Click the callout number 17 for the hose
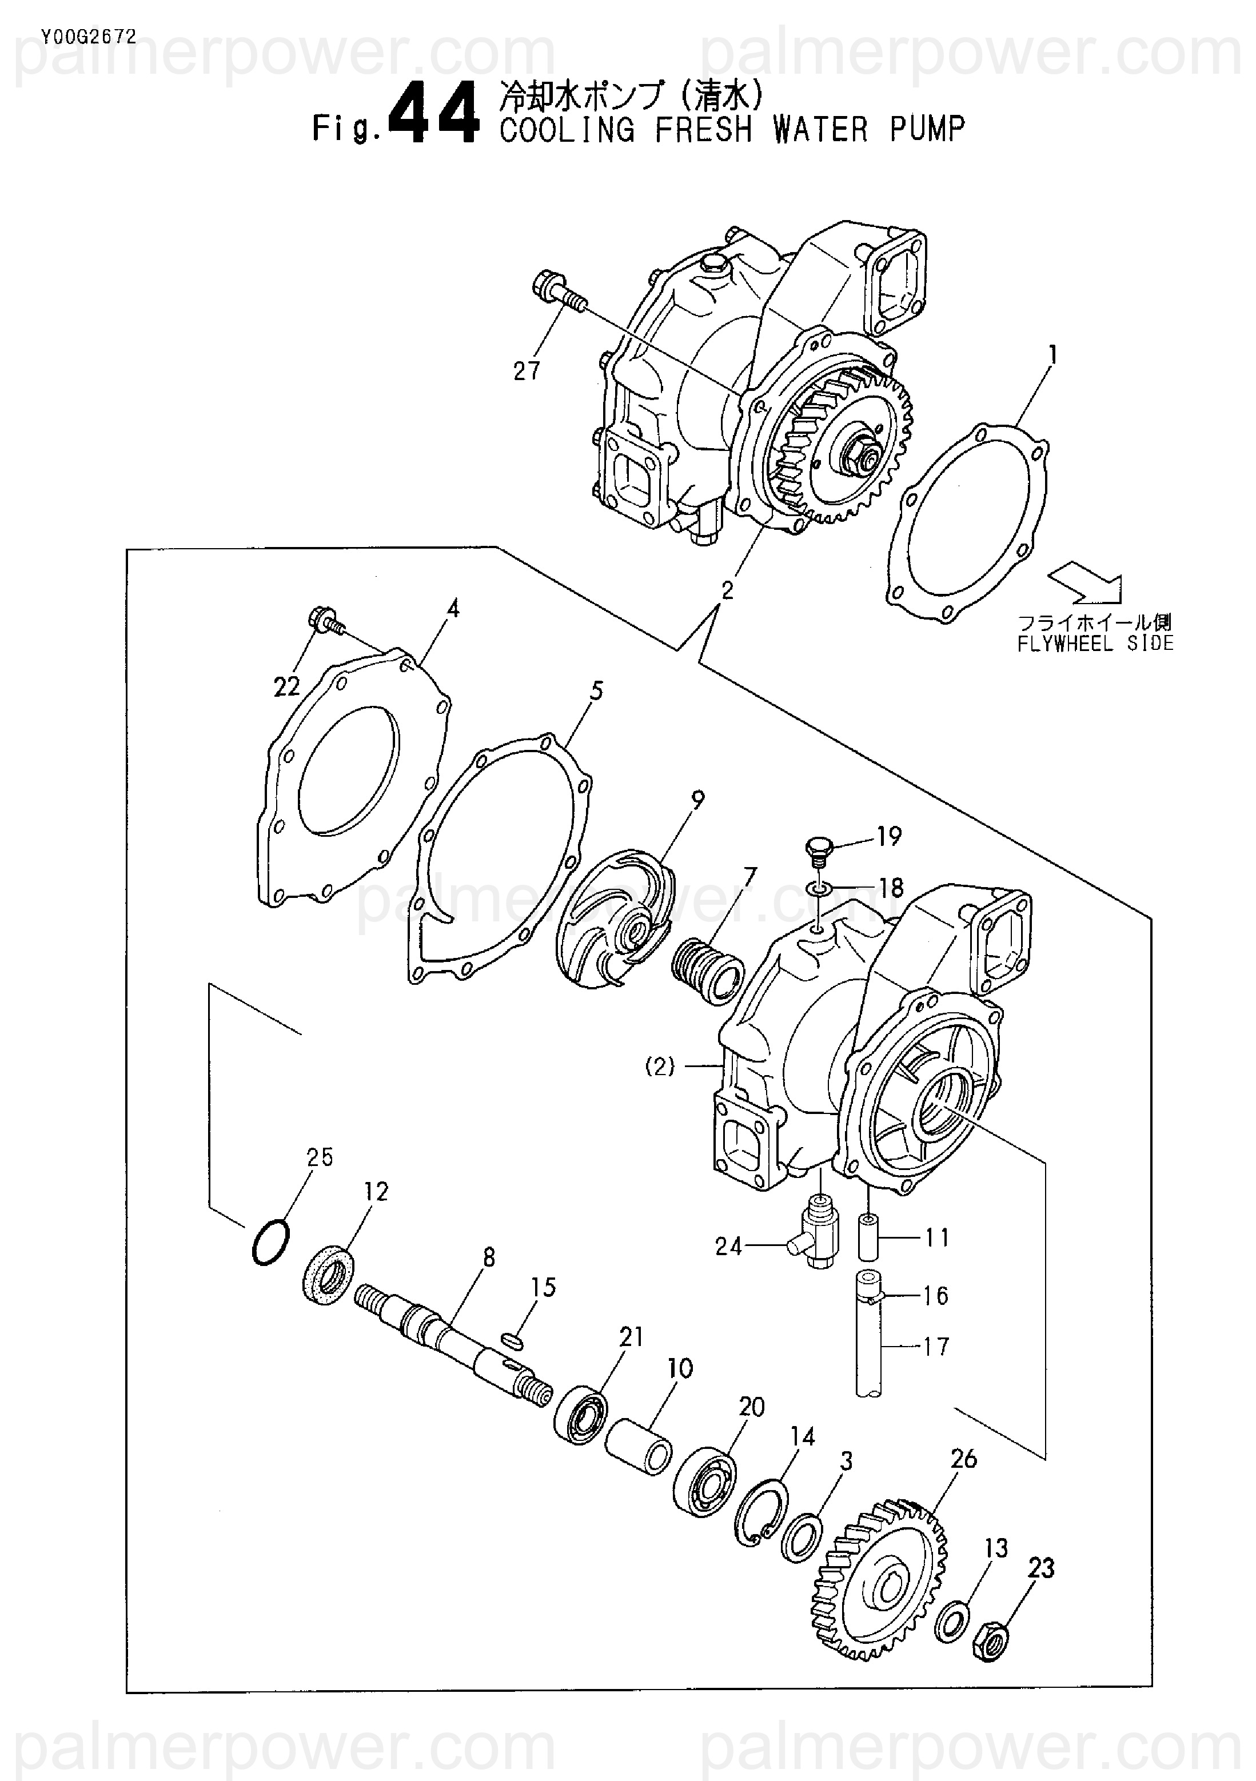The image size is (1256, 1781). (936, 1346)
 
